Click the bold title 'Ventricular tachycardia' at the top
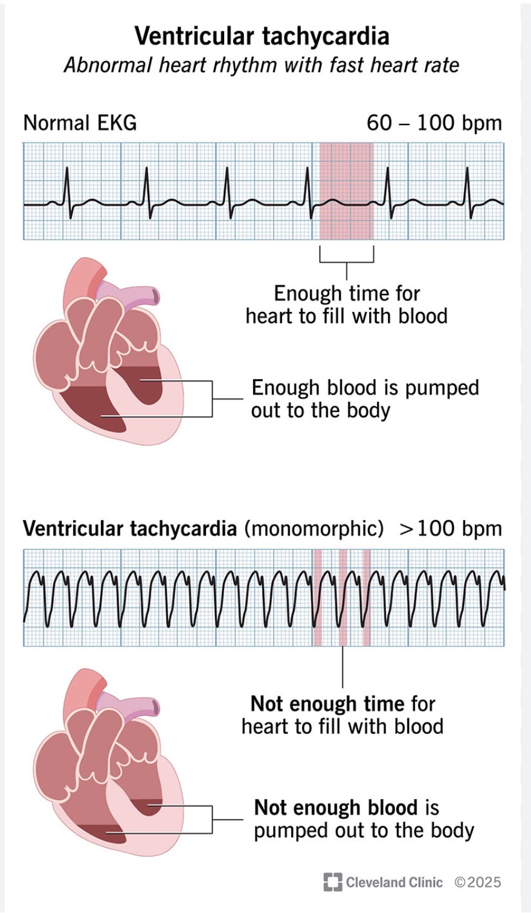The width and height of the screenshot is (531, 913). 262,36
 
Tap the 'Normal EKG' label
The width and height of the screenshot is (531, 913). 80,123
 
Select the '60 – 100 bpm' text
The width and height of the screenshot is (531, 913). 434,123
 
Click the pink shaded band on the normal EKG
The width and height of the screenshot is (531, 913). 346,191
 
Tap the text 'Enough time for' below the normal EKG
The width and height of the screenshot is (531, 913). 347,293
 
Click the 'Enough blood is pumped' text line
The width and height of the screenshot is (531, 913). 365,388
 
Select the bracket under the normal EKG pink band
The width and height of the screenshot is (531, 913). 346,260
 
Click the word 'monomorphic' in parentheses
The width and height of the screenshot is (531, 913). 314,528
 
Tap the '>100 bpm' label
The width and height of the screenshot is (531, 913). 450,528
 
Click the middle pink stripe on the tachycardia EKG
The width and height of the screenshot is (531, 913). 343,597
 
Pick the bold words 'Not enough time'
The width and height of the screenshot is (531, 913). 327,704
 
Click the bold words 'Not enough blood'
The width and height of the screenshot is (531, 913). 335,808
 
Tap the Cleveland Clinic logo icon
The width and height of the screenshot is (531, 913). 332,882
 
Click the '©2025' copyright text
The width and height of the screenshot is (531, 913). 477,882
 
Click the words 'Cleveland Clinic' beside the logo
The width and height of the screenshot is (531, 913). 394,882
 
